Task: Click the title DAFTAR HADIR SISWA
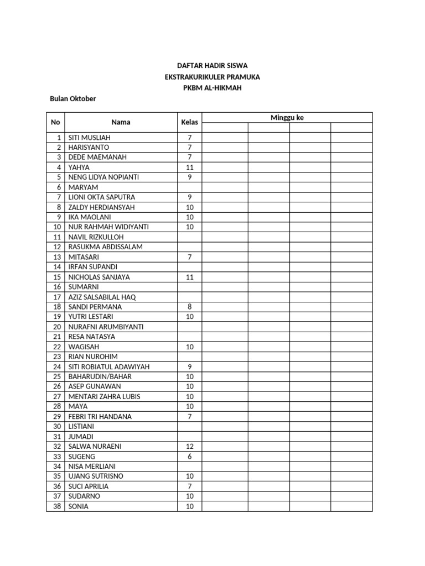coord(212,66)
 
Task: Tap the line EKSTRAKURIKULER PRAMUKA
coord(212,77)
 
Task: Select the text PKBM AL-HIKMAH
coord(212,88)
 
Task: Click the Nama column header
coord(121,122)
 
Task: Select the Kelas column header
coord(190,122)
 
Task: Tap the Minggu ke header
coord(287,118)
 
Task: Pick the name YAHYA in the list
coord(79,167)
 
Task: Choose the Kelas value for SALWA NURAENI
coord(190,447)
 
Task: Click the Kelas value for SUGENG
coord(190,457)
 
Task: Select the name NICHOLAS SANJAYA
coord(99,277)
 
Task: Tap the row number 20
coord(56,327)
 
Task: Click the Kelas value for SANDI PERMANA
coord(190,307)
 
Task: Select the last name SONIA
coord(78,506)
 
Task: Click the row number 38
coord(56,506)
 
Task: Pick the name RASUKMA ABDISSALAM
coord(105,247)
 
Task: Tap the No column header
coord(55,122)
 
